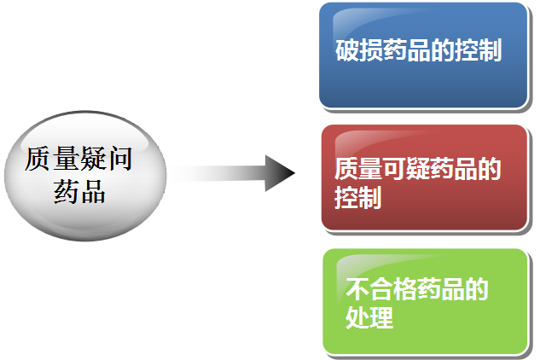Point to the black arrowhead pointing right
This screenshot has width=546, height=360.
point(279,173)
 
